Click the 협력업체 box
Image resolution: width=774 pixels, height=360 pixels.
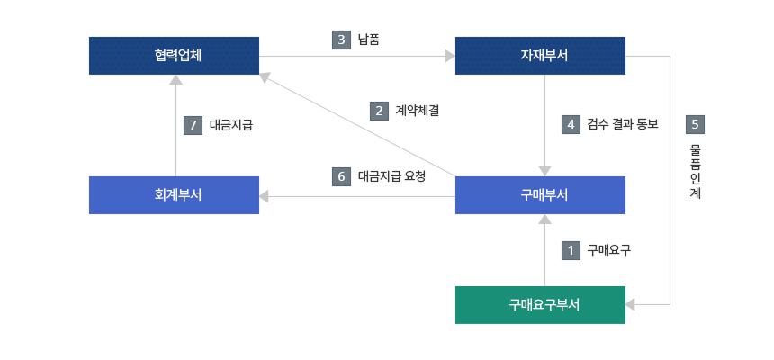point(175,55)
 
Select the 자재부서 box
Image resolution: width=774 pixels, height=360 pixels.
point(540,55)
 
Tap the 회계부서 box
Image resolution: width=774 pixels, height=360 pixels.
point(175,195)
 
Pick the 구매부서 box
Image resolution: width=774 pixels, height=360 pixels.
point(540,195)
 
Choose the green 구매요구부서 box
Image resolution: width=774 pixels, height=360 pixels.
point(540,304)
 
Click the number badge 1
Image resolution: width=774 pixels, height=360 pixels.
point(570,250)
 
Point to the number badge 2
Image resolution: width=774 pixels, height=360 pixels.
point(379,111)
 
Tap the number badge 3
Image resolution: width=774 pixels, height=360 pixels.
point(341,40)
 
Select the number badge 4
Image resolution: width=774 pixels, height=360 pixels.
point(570,124)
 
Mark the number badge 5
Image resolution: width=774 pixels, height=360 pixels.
point(695,124)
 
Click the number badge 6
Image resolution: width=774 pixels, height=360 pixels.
point(341,176)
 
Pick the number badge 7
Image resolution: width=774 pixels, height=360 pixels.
point(193,125)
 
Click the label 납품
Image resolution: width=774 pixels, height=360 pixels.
point(369,40)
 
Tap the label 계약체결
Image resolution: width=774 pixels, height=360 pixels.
point(417,111)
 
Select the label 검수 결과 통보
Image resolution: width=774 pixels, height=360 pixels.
point(623,124)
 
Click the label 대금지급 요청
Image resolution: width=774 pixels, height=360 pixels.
point(391,176)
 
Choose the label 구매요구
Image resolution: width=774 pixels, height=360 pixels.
point(608,250)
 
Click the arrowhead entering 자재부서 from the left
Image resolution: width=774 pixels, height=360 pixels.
point(450,56)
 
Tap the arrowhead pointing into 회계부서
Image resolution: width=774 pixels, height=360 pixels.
point(265,195)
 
